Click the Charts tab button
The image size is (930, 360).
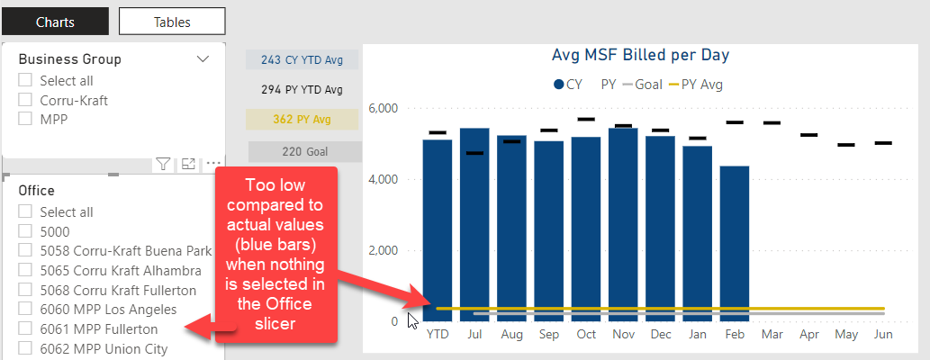55,22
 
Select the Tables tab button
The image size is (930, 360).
172,22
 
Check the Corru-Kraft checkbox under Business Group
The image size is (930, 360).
25,100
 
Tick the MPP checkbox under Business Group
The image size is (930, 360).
25,119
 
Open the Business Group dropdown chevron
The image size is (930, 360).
203,58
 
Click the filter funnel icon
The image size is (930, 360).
163,164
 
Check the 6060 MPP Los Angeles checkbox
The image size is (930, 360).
25,309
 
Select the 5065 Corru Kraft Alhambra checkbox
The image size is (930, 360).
25,270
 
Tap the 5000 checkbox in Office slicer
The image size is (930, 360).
25,231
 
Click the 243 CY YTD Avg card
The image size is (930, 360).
302,60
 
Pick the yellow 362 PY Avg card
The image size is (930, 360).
302,119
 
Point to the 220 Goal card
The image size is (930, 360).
305,152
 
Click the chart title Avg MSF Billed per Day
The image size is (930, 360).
641,55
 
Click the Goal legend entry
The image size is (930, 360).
642,85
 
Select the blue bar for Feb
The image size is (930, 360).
735,244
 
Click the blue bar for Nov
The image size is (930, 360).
623,225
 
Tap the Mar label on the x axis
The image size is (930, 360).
772,335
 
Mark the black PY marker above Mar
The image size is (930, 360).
772,122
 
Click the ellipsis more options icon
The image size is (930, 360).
213,164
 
